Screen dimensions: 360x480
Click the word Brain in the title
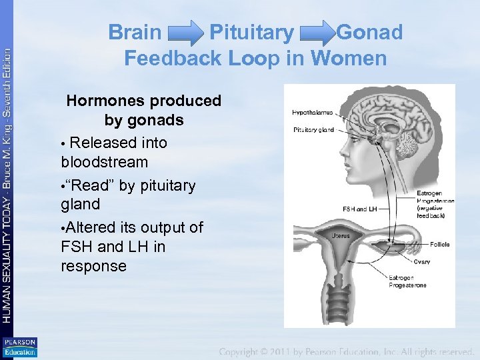coord(135,32)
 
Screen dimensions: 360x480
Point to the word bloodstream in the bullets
coord(104,162)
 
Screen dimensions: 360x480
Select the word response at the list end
coord(93,266)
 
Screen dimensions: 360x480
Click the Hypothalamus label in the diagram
coord(312,113)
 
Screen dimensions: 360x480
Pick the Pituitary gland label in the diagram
coord(313,129)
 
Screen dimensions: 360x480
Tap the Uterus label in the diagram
coord(341,236)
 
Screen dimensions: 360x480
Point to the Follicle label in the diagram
coord(439,245)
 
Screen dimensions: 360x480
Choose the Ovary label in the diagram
coord(421,262)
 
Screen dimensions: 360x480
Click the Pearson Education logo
coord(20,347)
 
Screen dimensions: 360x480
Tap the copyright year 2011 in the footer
coord(300,351)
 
